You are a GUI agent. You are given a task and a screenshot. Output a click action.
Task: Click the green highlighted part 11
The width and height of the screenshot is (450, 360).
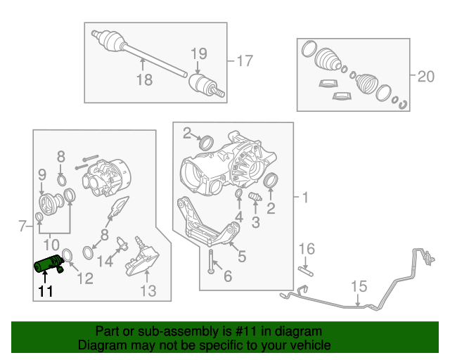tap(49, 265)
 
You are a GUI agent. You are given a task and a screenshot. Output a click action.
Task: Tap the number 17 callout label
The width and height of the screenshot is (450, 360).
tap(243, 61)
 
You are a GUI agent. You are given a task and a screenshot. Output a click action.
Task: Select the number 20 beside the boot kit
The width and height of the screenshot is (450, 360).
tap(426, 77)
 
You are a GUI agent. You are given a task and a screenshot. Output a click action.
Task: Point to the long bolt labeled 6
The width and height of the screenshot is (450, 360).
tap(210, 264)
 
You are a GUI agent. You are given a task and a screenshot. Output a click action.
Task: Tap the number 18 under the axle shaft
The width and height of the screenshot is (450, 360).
tap(143, 79)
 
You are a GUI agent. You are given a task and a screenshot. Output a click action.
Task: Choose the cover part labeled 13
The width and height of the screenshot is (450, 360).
tap(143, 266)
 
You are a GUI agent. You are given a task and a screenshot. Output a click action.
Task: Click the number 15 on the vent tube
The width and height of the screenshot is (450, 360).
tap(359, 285)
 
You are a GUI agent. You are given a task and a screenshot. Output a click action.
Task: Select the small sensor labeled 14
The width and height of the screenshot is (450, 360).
tap(122, 244)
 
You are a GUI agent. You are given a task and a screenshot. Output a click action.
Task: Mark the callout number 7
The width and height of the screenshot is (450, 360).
tap(20, 226)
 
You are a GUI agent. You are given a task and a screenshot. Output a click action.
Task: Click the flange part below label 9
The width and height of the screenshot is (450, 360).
tap(51, 208)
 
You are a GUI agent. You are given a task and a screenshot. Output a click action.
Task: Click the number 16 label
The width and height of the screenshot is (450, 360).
tap(307, 248)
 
